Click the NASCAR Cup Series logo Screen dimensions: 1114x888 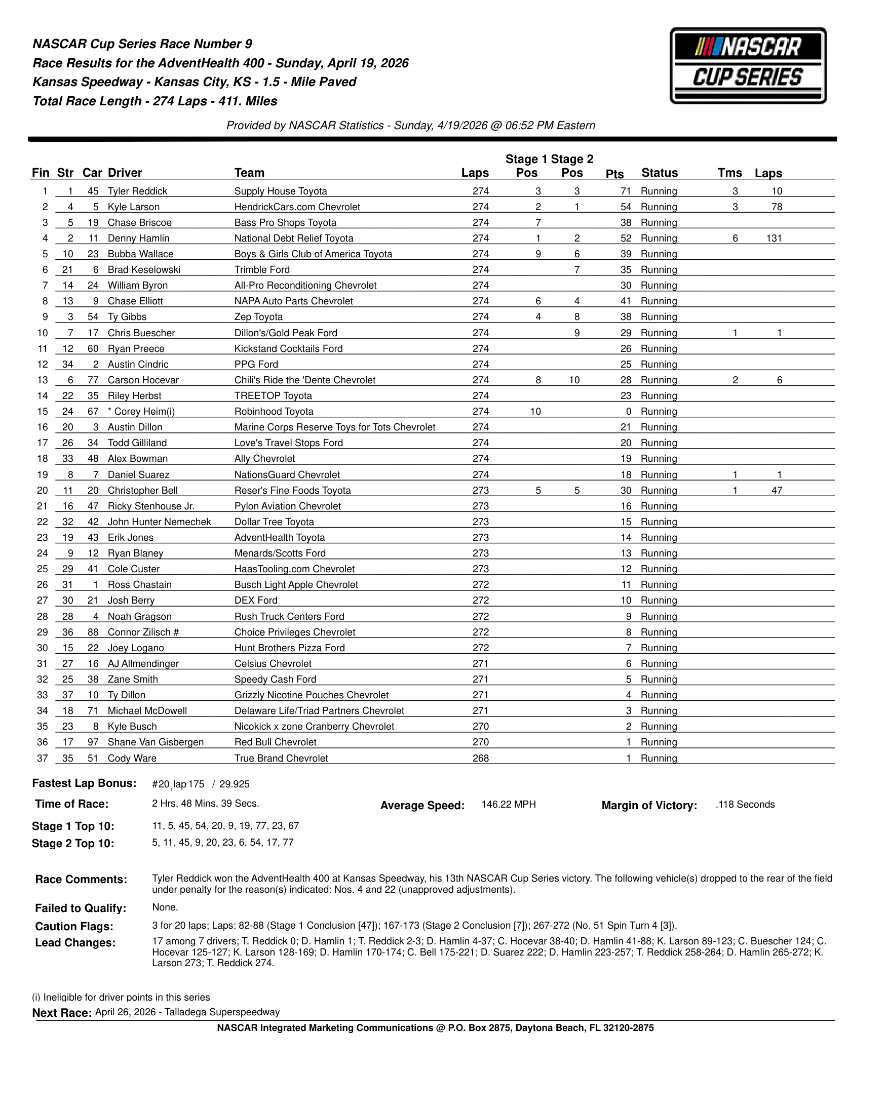[x=747, y=66]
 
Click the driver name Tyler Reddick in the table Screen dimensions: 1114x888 [x=137, y=191]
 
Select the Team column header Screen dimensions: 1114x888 [x=249, y=173]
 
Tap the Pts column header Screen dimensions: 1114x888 [x=614, y=174]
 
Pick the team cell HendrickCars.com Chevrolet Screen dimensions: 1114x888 [x=297, y=207]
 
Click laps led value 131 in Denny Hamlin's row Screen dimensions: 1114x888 [x=773, y=238]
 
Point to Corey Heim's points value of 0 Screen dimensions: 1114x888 [x=628, y=411]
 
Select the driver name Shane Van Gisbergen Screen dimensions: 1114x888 [x=156, y=742]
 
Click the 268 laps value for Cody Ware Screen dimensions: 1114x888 [x=480, y=758]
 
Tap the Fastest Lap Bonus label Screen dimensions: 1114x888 [x=84, y=783]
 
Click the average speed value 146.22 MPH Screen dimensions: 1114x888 [x=508, y=804]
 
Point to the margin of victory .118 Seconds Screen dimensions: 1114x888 [x=745, y=804]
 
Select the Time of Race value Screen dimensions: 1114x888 [x=205, y=803]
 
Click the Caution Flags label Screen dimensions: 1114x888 [x=74, y=926]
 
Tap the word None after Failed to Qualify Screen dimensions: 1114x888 [x=165, y=907]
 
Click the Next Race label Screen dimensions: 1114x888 [x=62, y=1013]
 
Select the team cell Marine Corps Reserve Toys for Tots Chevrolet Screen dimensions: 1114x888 [x=334, y=427]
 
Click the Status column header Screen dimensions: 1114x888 [x=659, y=173]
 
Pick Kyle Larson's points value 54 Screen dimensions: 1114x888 [x=626, y=207]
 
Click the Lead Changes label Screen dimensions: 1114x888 [x=75, y=942]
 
